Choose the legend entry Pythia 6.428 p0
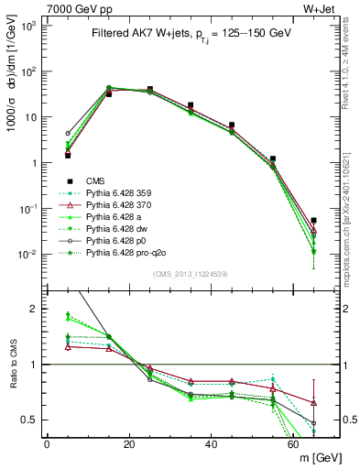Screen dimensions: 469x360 pyautogui.click(x=120, y=239)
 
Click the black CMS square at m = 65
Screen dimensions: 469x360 pyautogui.click(x=313, y=221)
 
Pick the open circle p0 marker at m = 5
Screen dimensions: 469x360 pyautogui.click(x=68, y=133)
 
